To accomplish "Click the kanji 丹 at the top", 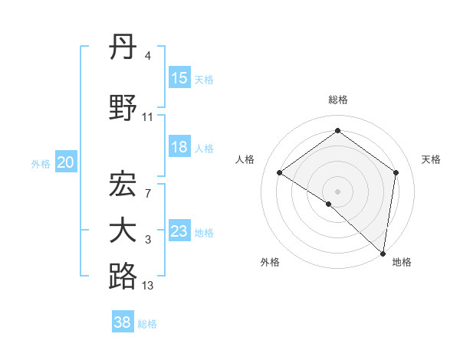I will (x=123, y=48).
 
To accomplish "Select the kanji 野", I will (x=123, y=108).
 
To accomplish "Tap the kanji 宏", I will (x=123, y=185).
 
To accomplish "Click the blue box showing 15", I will (x=179, y=78).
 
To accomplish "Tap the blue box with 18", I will (x=179, y=147).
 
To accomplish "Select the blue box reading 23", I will (x=179, y=231).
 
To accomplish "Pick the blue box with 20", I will (x=66, y=162).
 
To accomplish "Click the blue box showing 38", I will (x=123, y=322).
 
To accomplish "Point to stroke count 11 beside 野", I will (x=148, y=117).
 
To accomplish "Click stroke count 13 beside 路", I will (x=148, y=286).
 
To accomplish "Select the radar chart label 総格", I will (x=338, y=100).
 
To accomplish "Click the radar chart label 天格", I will (x=432, y=159).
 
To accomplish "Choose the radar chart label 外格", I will (x=270, y=262).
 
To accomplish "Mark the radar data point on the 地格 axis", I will (x=383, y=253).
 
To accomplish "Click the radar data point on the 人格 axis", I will (x=280, y=173).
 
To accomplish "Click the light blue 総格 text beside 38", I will (x=148, y=324).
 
